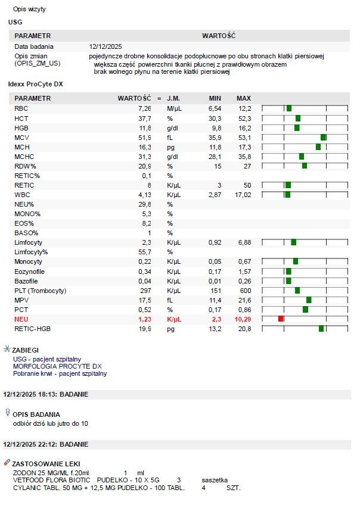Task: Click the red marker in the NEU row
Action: click(x=281, y=319)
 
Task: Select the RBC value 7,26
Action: click(x=145, y=108)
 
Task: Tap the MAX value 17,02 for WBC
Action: click(x=243, y=195)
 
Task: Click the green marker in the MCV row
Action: click(x=323, y=138)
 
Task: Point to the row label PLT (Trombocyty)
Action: click(x=41, y=291)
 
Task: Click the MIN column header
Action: click(x=215, y=98)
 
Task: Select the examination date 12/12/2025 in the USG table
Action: click(x=105, y=46)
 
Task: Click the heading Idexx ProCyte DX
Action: click(x=35, y=84)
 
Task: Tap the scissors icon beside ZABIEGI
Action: click(x=7, y=349)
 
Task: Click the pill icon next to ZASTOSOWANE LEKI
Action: click(x=7, y=463)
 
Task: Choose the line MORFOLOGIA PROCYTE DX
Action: click(x=57, y=366)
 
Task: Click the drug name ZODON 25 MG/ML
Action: click(x=43, y=473)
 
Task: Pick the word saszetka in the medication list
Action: click(x=215, y=480)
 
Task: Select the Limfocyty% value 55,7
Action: click(x=145, y=252)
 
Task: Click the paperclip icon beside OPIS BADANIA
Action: click(x=7, y=413)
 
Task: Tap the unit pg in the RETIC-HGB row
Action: click(x=170, y=329)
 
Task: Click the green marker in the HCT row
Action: click(x=298, y=119)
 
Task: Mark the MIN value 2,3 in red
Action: click(x=216, y=319)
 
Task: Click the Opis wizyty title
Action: click(x=29, y=9)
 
